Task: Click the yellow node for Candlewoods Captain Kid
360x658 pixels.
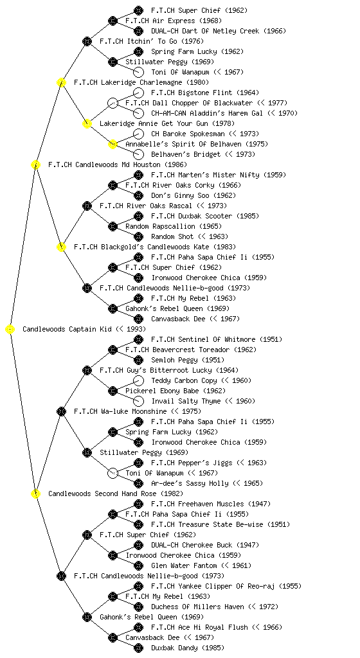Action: tap(10, 329)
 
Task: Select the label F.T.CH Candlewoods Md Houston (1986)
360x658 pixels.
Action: tap(118, 164)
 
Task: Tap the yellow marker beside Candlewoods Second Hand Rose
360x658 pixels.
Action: tap(35, 493)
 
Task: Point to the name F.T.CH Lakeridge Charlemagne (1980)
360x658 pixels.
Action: tap(141, 82)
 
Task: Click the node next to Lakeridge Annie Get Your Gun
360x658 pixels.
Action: tap(87, 123)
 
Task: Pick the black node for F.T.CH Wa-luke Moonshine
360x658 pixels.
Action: tap(61, 411)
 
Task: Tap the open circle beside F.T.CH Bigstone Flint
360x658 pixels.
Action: tap(138, 93)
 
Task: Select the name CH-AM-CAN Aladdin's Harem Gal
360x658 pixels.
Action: tap(207, 113)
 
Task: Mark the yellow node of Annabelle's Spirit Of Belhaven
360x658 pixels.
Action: tap(113, 144)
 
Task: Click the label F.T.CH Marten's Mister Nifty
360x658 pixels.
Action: tap(206, 175)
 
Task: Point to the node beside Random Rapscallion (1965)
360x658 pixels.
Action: tap(113, 226)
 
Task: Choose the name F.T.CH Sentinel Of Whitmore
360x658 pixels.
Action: tap(204, 339)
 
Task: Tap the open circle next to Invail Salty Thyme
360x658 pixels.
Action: tap(138, 401)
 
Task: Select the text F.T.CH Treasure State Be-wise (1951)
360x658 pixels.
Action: tap(221, 524)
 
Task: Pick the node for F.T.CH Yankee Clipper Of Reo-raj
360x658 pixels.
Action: tap(138, 586)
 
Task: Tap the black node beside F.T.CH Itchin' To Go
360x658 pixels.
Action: tap(87, 41)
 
